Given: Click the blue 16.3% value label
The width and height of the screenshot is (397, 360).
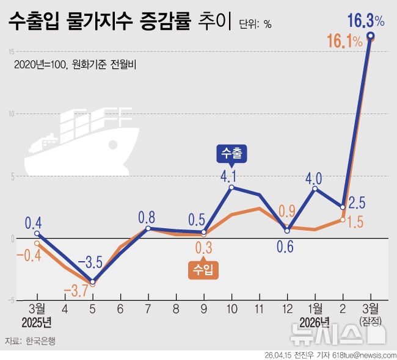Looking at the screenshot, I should [x=365, y=21].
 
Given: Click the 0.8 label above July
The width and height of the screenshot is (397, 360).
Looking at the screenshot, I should [x=147, y=217].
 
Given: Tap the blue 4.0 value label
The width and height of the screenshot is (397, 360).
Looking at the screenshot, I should [x=314, y=179].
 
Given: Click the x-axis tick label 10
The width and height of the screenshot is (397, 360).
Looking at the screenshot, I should [x=231, y=309].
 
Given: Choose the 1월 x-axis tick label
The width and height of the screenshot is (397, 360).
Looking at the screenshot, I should [x=316, y=309].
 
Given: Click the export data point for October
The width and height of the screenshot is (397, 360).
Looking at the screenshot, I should [x=231, y=187].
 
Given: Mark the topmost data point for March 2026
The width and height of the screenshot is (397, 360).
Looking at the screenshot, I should [x=370, y=36].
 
